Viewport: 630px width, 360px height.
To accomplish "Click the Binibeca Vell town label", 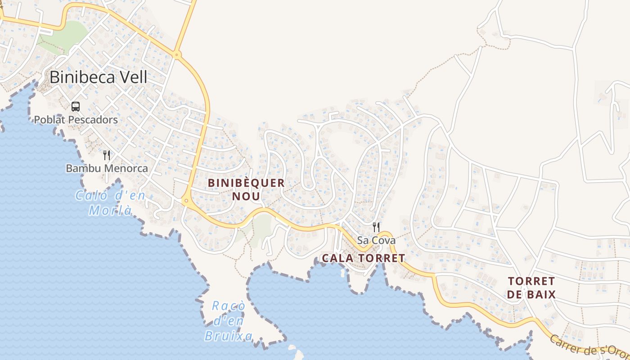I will coord(98,77).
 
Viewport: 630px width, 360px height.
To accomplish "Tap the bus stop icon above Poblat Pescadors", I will coord(76,107).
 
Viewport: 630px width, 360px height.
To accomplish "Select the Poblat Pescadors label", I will coord(76,120).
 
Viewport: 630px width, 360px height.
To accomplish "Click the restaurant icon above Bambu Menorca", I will coord(107,155).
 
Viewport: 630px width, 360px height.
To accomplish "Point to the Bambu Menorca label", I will coord(107,168).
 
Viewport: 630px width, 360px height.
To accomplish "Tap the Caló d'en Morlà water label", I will coord(111,203).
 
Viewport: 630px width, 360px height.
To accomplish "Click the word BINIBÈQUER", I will coord(246,183).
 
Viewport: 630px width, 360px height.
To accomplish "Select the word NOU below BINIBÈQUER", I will coord(246,197).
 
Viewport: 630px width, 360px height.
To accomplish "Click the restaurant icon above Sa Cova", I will coord(376,227).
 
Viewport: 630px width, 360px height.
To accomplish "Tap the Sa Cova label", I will coord(376,240).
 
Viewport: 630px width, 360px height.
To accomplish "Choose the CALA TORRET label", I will coord(364,258).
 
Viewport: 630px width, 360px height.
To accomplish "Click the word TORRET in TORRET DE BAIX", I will coord(531,281).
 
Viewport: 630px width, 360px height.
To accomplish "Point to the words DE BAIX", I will coord(531,295).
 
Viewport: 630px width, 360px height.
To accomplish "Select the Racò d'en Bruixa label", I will coord(229,321).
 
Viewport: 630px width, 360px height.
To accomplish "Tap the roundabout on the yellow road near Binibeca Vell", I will coord(177,55).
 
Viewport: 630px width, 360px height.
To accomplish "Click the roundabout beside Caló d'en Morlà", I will coord(186,201).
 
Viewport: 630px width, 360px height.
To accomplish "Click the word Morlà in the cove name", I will coord(111,210).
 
